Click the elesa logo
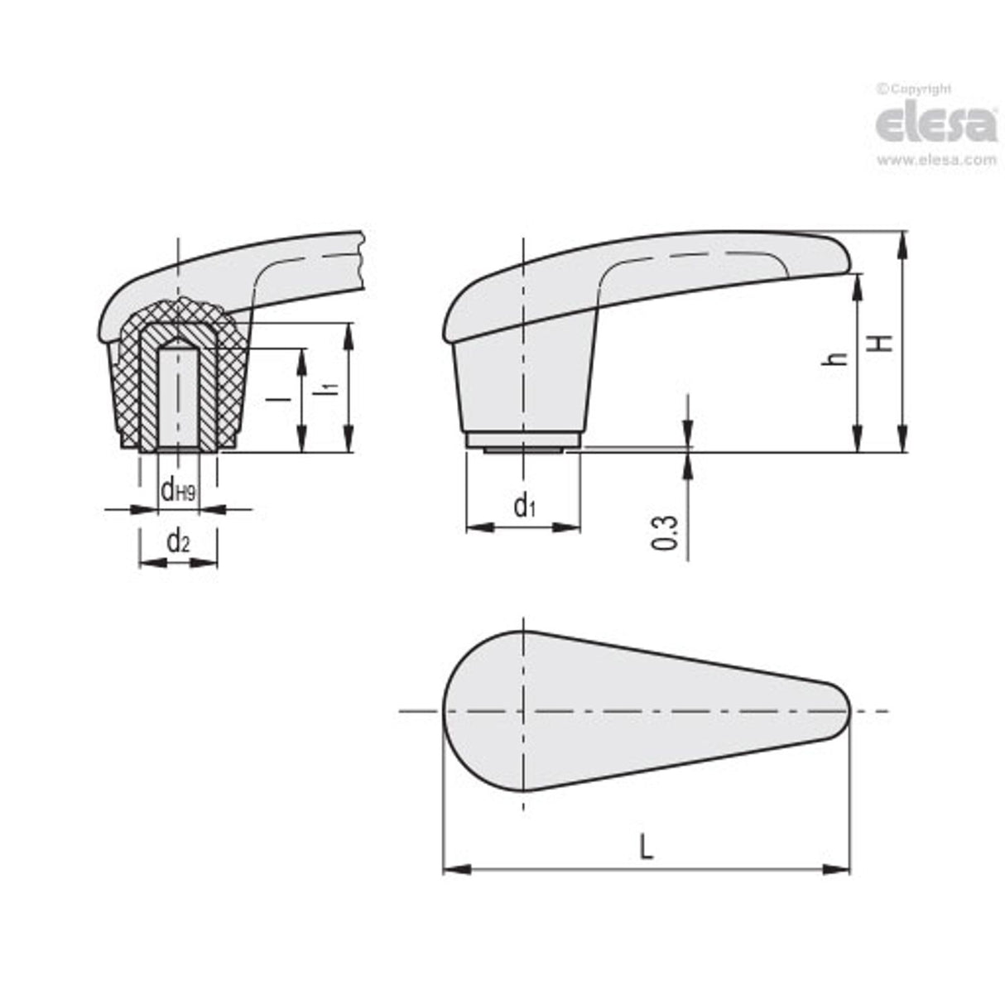[935, 123]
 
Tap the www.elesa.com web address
[935, 161]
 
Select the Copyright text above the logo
[915, 89]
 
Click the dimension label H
[885, 341]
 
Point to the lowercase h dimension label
[839, 358]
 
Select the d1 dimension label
[523, 504]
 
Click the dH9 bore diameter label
[177, 491]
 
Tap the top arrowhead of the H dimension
[902, 240]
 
